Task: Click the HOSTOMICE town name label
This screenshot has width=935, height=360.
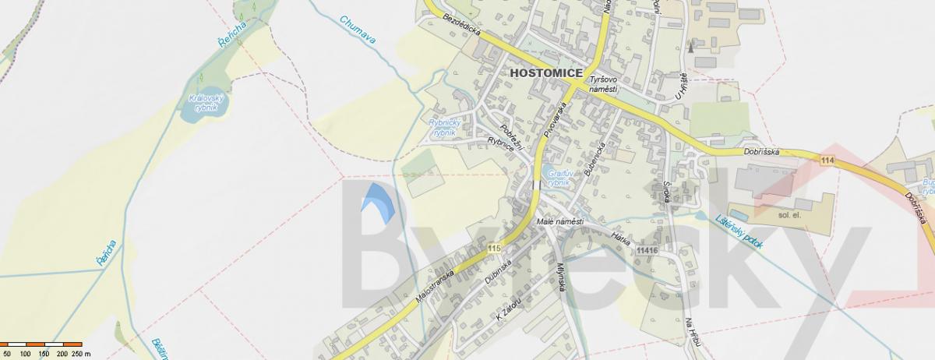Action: [545, 72]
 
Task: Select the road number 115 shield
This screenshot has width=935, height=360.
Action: [492, 248]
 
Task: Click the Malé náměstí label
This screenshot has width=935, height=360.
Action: [560, 223]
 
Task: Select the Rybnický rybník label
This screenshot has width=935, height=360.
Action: [446, 128]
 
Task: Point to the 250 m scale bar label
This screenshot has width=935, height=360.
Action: [78, 354]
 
